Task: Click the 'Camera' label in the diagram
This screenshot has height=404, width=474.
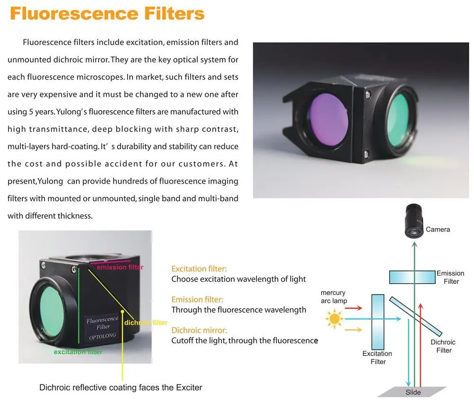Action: pos(438,230)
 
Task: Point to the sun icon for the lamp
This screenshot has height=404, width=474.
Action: pos(335,318)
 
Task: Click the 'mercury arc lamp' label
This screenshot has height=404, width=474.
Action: pos(334,297)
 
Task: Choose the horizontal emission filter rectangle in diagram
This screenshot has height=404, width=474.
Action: pos(412,277)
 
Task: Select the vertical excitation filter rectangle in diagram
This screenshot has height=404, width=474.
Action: pos(378,321)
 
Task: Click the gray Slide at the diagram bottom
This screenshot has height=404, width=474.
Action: pos(413,392)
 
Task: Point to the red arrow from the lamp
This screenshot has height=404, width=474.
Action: pos(353,308)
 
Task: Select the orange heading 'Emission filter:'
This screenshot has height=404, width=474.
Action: pos(197,300)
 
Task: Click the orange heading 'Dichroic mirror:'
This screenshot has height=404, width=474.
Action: pos(199,331)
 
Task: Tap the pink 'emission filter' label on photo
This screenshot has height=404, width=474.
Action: pos(119,267)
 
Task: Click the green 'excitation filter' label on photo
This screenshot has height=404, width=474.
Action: pos(78,352)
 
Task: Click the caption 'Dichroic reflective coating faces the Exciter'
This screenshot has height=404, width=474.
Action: pos(120,387)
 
